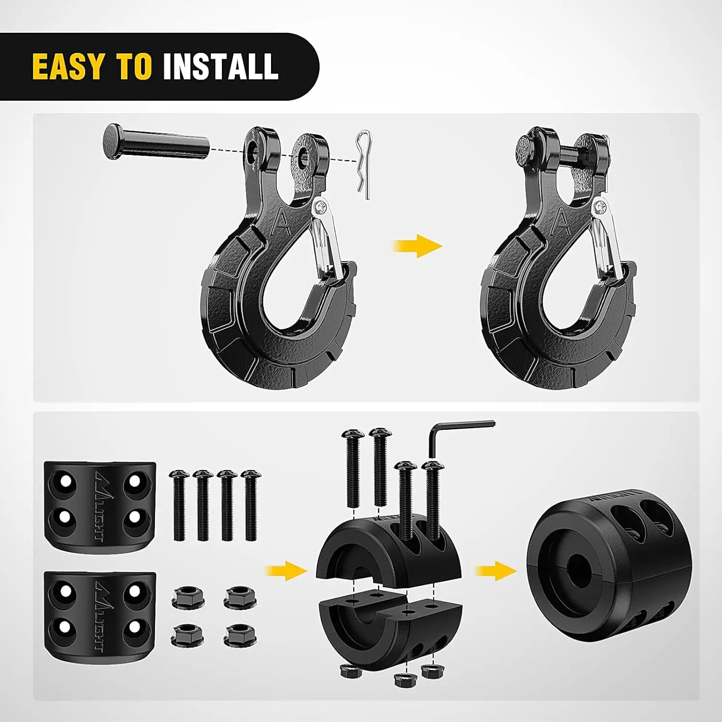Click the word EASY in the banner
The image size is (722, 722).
tap(68, 66)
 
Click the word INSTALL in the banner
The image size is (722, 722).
tap(220, 66)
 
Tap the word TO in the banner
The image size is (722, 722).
tap(134, 66)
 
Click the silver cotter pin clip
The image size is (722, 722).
tap(363, 164)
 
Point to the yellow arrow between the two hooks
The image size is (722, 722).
tap(417, 246)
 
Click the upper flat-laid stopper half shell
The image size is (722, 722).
tap(100, 506)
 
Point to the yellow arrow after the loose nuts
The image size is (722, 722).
tap(286, 571)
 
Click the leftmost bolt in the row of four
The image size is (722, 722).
tap(179, 505)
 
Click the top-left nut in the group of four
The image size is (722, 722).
tap(187, 597)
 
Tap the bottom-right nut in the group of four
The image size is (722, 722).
tap(240, 635)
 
